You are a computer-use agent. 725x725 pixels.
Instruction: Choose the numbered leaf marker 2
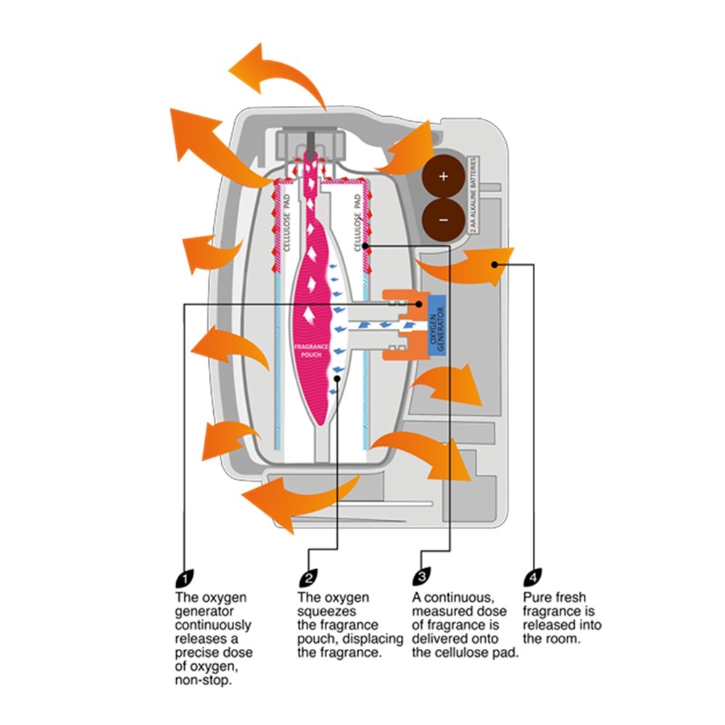point(307,578)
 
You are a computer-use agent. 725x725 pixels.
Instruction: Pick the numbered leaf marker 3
point(420,578)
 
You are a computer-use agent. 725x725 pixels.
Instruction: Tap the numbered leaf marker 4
point(531,578)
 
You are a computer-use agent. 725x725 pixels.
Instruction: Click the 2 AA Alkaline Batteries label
point(473,194)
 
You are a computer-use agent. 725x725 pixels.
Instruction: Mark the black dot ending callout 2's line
point(338,378)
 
